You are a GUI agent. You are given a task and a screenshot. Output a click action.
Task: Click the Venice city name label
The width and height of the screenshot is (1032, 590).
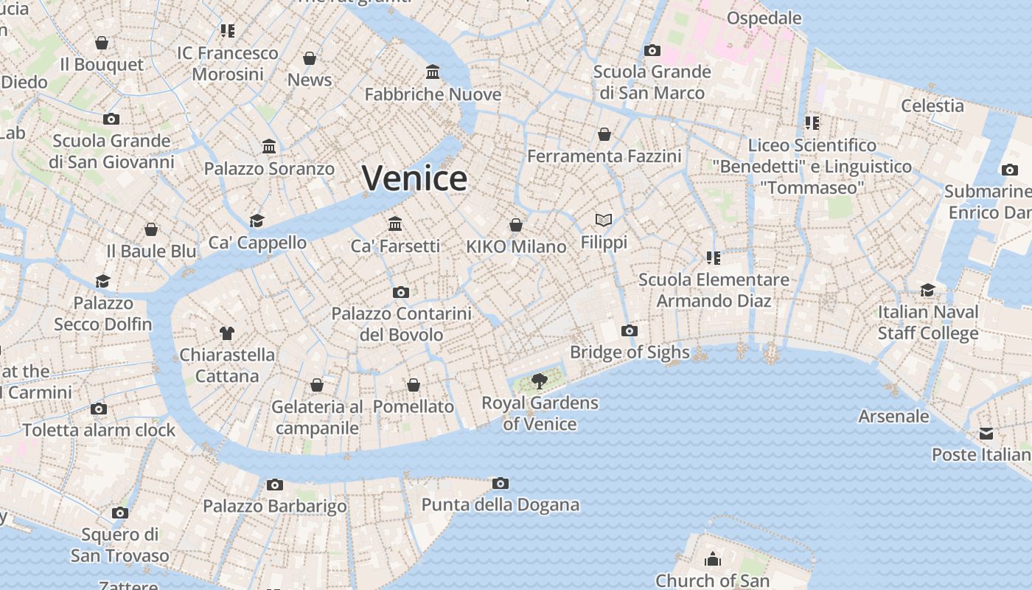tap(414, 178)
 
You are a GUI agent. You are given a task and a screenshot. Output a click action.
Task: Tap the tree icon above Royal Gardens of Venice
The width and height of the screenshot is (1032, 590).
tap(540, 381)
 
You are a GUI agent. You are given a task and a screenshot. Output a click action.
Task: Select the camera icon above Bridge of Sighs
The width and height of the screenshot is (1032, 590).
tap(630, 330)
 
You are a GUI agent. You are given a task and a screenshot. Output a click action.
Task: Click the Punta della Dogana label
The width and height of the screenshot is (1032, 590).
tap(500, 505)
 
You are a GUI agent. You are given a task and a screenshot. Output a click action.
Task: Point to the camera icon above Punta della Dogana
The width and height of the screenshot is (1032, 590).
tap(501, 484)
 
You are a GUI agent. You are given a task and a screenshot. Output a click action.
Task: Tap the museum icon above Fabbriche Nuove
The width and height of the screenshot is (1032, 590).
tap(433, 72)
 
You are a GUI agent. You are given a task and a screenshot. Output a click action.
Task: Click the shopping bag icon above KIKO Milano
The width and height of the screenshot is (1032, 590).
tap(516, 225)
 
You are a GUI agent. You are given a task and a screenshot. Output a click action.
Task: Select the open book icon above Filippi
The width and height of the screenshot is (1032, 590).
tap(604, 220)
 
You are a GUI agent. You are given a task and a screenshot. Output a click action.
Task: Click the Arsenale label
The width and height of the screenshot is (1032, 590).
tap(893, 416)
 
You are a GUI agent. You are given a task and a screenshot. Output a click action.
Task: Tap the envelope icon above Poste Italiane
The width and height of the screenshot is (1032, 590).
tap(986, 433)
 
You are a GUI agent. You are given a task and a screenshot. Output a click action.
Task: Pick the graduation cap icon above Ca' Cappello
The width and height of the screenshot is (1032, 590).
tap(257, 221)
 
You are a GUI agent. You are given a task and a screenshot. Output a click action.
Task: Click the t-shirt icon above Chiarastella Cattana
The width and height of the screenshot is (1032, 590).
tap(227, 333)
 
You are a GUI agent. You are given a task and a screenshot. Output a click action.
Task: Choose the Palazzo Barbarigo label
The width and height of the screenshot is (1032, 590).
tap(275, 506)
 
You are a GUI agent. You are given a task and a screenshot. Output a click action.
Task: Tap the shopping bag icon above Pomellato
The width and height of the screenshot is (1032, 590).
tap(414, 385)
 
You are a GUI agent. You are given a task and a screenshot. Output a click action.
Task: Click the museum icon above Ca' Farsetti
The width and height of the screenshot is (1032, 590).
tap(395, 223)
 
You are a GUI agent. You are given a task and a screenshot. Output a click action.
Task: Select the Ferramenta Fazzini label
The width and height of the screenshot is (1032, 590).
tap(604, 156)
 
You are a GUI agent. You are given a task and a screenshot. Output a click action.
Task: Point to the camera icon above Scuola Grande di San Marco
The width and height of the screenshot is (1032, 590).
tap(652, 50)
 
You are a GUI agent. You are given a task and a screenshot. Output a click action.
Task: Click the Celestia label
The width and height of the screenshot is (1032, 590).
tap(932, 105)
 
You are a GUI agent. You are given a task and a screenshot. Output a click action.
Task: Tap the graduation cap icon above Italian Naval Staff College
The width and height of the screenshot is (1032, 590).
tap(927, 291)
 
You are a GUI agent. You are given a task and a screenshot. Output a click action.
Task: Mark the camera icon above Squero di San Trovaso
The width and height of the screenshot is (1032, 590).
tap(119, 513)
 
